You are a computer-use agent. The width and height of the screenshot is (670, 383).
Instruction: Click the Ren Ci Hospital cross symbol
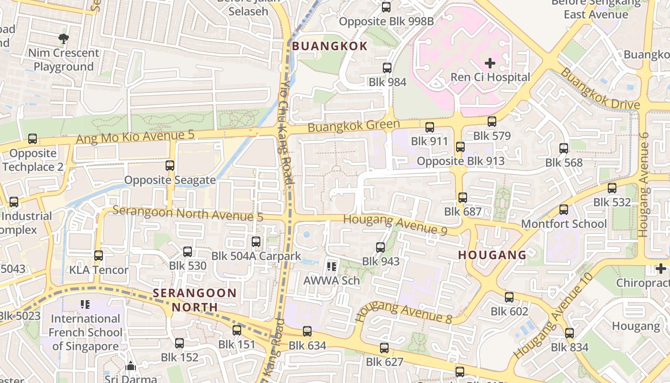tap(490, 63)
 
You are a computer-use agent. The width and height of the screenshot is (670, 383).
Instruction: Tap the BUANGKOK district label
tap(330, 46)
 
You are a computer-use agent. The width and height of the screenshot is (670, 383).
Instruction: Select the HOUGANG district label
tap(492, 255)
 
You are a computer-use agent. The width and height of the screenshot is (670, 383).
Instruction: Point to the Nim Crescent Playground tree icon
tap(63, 38)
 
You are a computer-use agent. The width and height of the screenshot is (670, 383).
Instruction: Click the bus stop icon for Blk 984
tap(387, 68)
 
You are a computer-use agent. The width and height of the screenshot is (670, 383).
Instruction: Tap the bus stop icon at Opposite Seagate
tap(170, 166)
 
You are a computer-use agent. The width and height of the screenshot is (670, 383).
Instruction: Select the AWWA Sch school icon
tap(331, 266)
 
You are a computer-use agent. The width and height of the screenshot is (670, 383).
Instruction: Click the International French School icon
tap(85, 304)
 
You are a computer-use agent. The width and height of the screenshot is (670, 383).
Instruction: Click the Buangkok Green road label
tap(353, 126)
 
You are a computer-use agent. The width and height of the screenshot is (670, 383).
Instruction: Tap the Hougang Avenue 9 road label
tap(395, 224)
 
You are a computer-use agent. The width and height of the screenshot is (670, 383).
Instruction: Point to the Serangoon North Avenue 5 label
tap(188, 214)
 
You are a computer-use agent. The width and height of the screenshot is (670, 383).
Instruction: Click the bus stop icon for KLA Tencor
tap(99, 256)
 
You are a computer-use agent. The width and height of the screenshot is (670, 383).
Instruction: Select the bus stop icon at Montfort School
tap(564, 210)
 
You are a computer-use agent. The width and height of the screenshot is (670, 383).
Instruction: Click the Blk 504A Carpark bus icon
tap(256, 242)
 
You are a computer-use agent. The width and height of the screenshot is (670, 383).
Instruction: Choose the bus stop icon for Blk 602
tap(509, 297)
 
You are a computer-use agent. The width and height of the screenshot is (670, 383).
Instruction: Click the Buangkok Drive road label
tap(599, 89)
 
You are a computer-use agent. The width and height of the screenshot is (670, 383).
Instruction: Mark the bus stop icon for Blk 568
tap(564, 148)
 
